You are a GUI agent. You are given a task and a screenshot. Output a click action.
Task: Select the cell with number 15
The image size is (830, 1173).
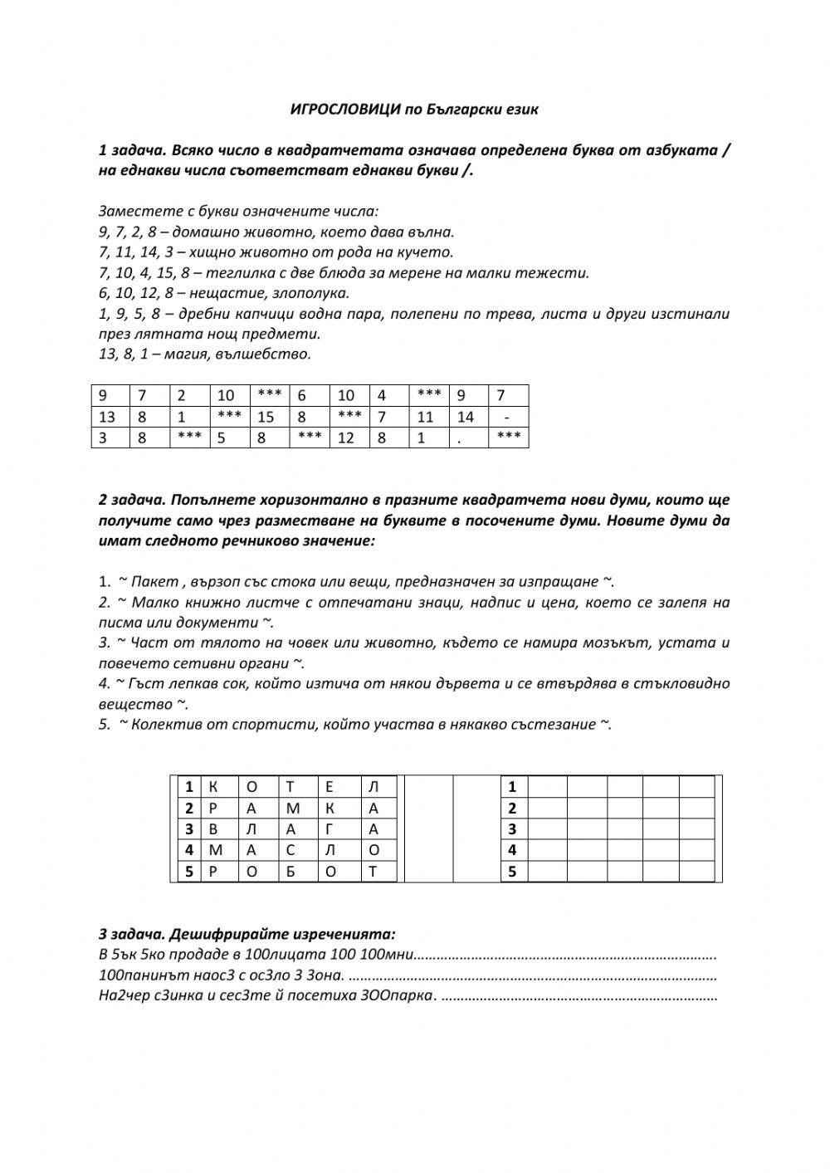click(265, 417)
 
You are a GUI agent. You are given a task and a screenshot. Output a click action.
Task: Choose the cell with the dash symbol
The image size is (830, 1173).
click(506, 417)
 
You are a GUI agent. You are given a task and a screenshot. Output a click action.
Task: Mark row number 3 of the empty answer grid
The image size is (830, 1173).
click(512, 829)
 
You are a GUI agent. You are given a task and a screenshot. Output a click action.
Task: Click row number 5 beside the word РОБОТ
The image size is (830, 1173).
click(189, 872)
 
